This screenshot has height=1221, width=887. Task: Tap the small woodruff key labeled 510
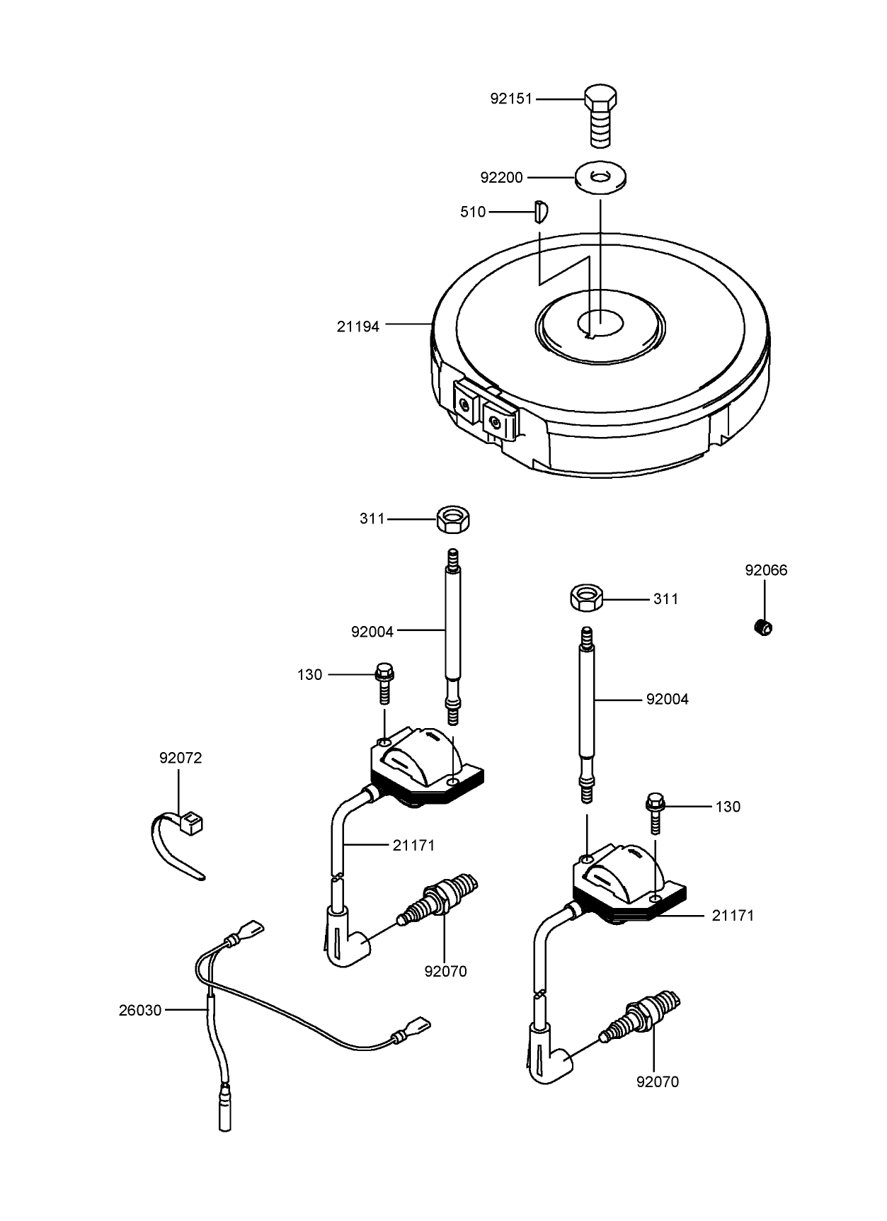(540, 211)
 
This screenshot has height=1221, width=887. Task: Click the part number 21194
(358, 326)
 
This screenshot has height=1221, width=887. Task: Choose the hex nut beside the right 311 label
(586, 598)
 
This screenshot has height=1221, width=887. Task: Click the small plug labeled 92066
(763, 627)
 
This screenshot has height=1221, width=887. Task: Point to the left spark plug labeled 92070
(440, 899)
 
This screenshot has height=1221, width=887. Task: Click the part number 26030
(140, 1011)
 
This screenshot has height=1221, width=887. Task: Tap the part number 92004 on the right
(667, 699)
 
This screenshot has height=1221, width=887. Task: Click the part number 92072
(181, 758)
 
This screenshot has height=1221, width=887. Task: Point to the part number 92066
(766, 570)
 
